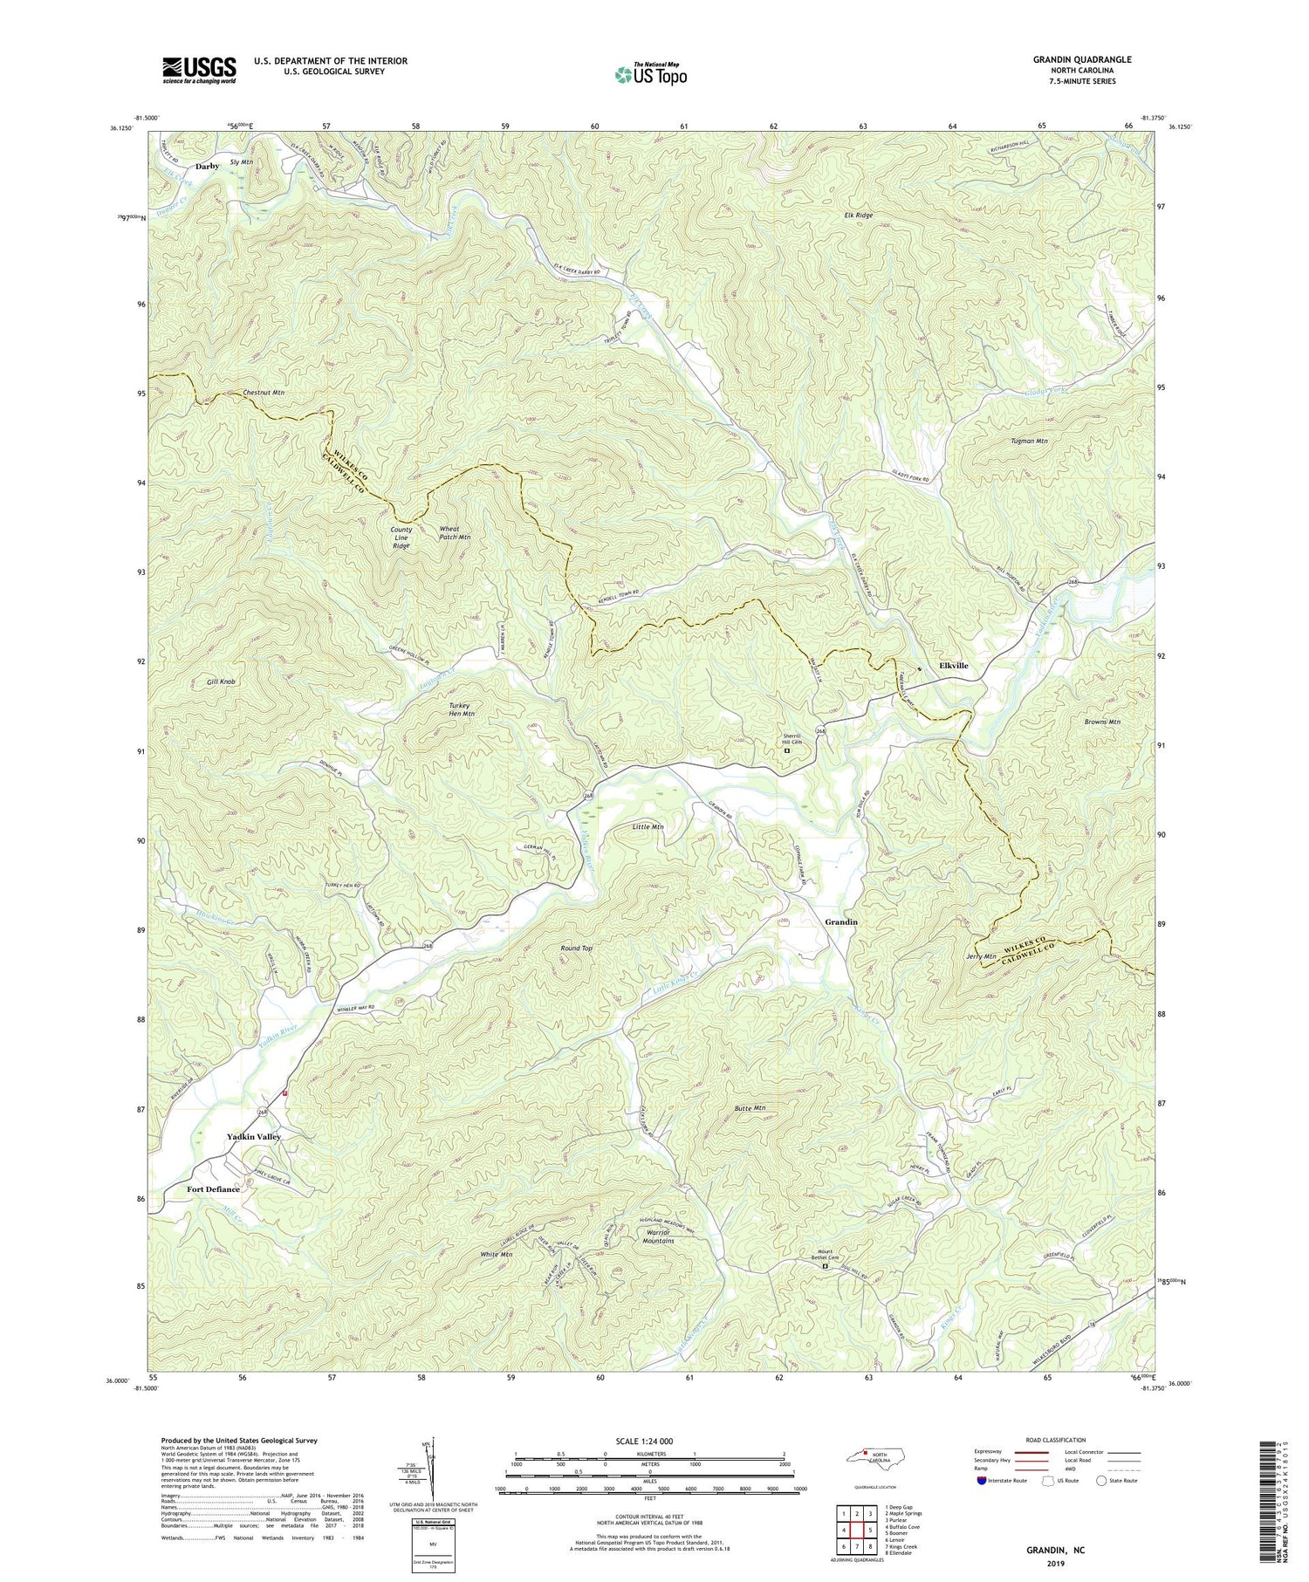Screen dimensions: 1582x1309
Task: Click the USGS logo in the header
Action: (199, 70)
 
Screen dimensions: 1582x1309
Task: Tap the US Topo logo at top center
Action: (650, 75)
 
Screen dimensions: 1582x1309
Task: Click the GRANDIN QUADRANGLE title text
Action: (1082, 59)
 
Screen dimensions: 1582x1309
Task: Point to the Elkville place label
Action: (953, 666)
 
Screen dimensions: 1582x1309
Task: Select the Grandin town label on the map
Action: (841, 922)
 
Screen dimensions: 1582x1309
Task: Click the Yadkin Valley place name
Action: (254, 1137)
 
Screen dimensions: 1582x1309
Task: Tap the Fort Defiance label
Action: (213, 1189)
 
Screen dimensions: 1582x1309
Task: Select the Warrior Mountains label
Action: (658, 1236)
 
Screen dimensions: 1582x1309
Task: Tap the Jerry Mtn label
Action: (981, 956)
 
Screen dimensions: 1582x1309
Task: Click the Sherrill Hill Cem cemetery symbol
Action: (786, 750)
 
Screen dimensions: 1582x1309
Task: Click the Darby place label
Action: (207, 166)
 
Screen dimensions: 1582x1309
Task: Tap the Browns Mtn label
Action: (1102, 722)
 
